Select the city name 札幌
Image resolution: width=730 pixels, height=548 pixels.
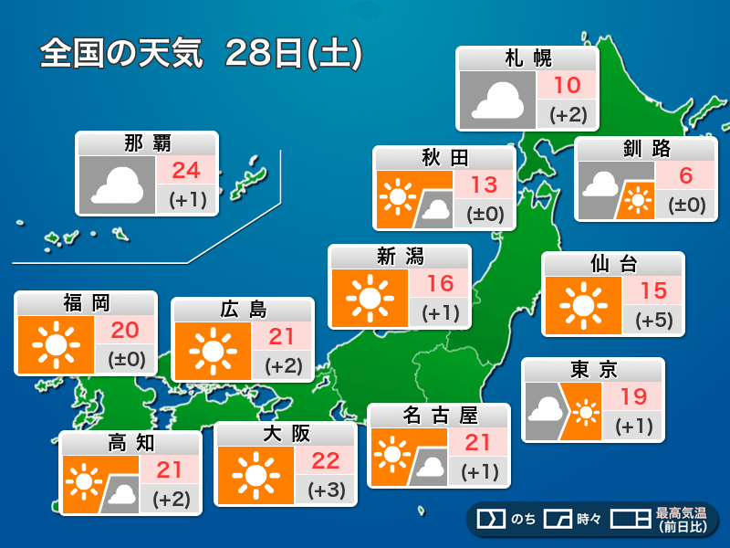click(528, 59)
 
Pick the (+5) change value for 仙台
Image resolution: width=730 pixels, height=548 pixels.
click(653, 320)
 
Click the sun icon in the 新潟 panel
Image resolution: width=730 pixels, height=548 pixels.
click(369, 298)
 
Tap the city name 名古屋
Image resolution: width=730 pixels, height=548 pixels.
click(439, 416)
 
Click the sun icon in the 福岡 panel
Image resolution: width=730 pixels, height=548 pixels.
click(55, 345)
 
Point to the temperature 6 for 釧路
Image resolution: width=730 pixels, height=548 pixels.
click(687, 175)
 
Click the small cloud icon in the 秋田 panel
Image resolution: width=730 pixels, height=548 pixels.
click(436, 209)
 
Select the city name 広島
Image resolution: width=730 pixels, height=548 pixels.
click(243, 310)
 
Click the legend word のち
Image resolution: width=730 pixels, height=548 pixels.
click(523, 520)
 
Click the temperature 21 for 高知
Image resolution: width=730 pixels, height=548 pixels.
click(171, 470)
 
